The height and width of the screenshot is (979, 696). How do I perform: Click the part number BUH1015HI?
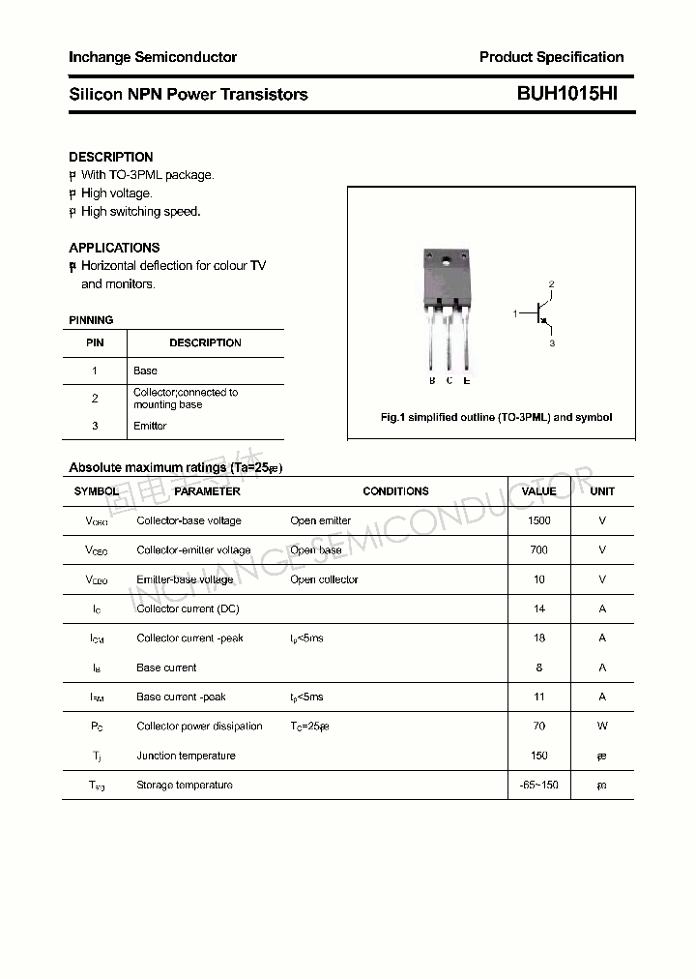[567, 94]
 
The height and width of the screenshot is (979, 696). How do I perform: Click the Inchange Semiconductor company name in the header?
[153, 57]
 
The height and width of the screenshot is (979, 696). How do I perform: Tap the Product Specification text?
[551, 57]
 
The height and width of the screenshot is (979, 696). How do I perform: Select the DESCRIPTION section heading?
[111, 157]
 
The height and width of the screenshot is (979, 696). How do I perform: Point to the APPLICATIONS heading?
[114, 248]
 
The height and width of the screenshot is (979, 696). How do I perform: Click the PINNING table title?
[91, 320]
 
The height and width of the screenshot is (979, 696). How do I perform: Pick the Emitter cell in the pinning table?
[150, 426]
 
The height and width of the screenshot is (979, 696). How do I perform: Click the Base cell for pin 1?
[145, 371]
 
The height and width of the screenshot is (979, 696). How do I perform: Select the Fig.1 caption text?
[496, 418]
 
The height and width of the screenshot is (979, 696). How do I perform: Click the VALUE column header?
[538, 491]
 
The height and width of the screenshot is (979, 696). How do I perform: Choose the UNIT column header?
[602, 491]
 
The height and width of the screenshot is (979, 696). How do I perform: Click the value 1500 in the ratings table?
[538, 520]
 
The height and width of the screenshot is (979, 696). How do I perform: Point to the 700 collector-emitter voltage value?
[538, 549]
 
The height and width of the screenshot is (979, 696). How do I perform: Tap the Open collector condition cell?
[324, 579]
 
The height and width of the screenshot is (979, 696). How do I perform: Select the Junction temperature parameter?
[186, 756]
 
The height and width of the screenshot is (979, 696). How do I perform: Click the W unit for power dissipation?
[602, 726]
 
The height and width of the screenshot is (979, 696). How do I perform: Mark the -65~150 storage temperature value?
[538, 785]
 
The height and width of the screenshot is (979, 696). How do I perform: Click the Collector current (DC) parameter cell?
[188, 608]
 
